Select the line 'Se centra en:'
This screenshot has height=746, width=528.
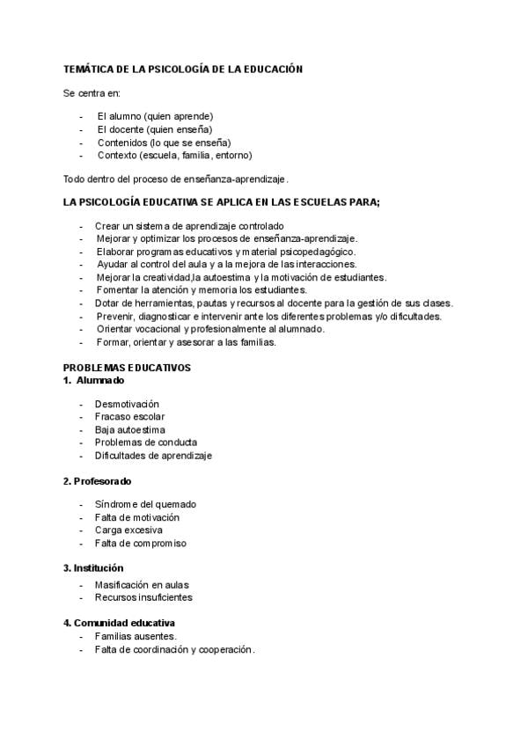click(92, 92)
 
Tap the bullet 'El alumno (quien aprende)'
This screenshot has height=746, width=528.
click(155, 116)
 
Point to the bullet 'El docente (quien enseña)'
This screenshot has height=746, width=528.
click(154, 129)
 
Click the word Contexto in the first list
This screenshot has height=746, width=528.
click(117, 155)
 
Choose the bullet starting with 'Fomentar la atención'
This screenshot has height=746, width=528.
click(202, 290)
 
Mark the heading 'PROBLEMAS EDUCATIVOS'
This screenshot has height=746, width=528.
click(127, 368)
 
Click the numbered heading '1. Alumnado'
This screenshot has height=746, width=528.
click(93, 380)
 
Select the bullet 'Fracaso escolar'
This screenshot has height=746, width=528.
click(129, 417)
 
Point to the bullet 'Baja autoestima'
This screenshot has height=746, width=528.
click(129, 429)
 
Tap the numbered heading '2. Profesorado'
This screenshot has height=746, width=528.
click(97, 481)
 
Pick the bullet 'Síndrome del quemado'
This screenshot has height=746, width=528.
click(145, 504)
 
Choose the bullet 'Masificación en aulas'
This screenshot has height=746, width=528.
click(142, 585)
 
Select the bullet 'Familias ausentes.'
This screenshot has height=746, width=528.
click(136, 636)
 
